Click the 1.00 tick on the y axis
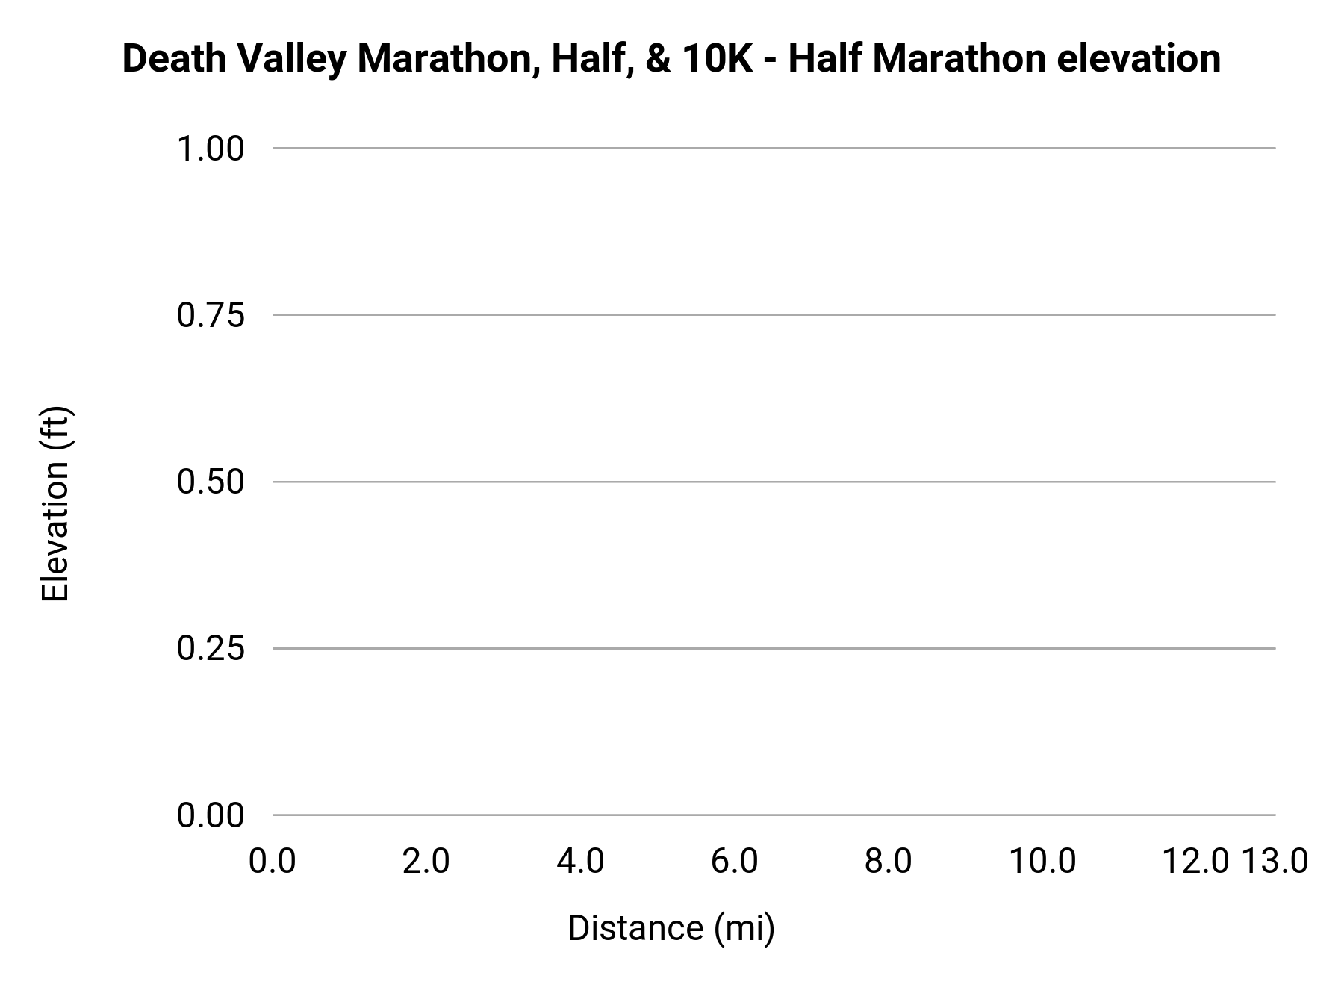[211, 149]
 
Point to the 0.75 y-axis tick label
[211, 315]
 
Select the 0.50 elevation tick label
[211, 482]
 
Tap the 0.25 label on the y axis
[211, 648]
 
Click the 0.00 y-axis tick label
[211, 815]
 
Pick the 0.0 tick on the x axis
[273, 862]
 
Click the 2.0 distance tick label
[426, 862]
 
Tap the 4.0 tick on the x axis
[581, 862]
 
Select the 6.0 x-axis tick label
[735, 862]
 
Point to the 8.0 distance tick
[889, 862]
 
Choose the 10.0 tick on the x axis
[1043, 862]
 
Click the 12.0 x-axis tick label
[1195, 862]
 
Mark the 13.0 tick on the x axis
[1275, 862]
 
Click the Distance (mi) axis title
[671, 928]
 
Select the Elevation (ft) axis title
[56, 504]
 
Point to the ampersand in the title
[658, 59]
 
